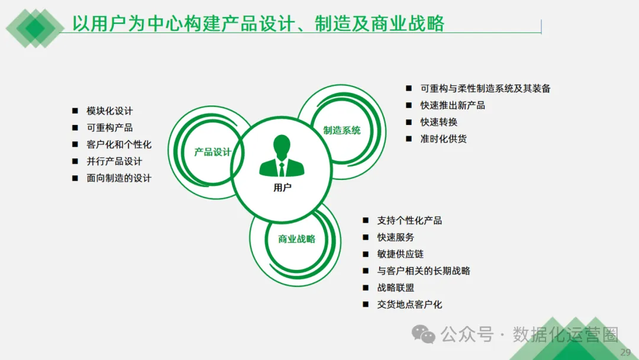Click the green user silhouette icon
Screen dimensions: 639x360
coord(282,156)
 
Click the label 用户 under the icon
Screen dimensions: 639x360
coord(282,188)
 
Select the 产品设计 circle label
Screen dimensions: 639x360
coord(212,152)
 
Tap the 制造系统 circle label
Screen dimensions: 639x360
coord(342,130)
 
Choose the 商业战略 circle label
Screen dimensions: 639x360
coord(297,239)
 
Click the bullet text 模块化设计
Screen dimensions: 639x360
coord(109,111)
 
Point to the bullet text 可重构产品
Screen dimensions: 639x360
coord(109,127)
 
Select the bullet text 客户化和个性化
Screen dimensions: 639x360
coord(119,144)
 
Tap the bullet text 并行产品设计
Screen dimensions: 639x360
coord(114,161)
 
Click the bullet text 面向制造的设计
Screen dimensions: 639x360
coord(119,178)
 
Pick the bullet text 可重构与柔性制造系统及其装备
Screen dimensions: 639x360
coord(485,88)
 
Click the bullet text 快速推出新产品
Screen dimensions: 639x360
coord(453,105)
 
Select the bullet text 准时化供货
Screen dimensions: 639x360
coord(443,139)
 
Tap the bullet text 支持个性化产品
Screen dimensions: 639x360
coord(409,220)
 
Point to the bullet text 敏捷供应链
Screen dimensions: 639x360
coord(400,254)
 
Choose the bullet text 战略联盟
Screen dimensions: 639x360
coord(395,288)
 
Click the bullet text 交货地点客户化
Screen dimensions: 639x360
coord(409,304)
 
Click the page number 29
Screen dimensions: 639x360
coord(625,353)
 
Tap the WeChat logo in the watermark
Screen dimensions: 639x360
coord(424,335)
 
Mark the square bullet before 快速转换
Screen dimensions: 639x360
coord(408,122)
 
